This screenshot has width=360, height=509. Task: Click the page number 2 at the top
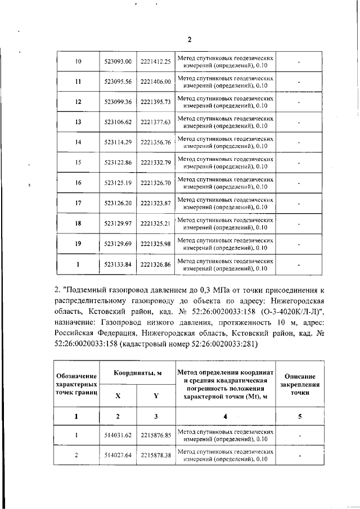[190, 39]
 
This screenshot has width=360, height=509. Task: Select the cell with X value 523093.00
[118, 61]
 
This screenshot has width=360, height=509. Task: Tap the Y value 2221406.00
[156, 82]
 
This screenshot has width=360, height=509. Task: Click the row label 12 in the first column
[78, 102]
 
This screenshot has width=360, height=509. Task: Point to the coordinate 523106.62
[118, 122]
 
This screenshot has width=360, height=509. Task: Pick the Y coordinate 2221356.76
[156, 142]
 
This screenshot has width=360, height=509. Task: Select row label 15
[78, 163]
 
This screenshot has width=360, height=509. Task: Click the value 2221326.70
[156, 183]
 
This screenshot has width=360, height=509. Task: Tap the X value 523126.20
[118, 203]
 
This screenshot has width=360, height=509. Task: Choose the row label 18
[78, 223]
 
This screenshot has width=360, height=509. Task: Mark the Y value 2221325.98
[156, 244]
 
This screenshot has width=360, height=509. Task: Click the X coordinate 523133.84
[118, 264]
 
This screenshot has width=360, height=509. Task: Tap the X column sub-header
[118, 395]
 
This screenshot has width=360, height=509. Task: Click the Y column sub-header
[156, 395]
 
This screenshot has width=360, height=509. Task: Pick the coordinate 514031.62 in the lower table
[118, 435]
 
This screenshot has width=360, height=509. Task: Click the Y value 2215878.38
[156, 455]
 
